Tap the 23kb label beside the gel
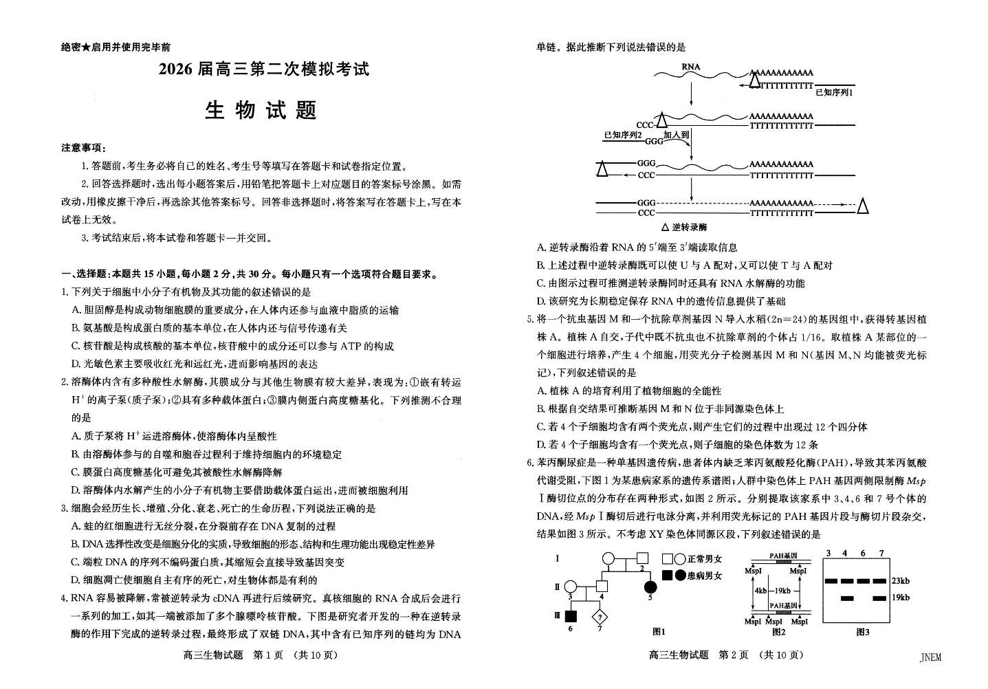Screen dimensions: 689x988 900,581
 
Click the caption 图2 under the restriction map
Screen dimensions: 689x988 778,631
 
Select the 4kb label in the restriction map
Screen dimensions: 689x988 760,591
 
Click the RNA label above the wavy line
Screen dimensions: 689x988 691,67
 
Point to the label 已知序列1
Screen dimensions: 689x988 833,92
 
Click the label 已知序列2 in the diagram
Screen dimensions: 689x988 622,135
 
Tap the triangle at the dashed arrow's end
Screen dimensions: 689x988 863,205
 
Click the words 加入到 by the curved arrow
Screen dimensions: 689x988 676,135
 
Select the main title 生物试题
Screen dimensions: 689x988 261,111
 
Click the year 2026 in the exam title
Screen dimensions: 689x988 177,69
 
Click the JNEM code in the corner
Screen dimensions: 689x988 930,657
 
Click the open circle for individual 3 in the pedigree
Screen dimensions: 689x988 570,587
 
